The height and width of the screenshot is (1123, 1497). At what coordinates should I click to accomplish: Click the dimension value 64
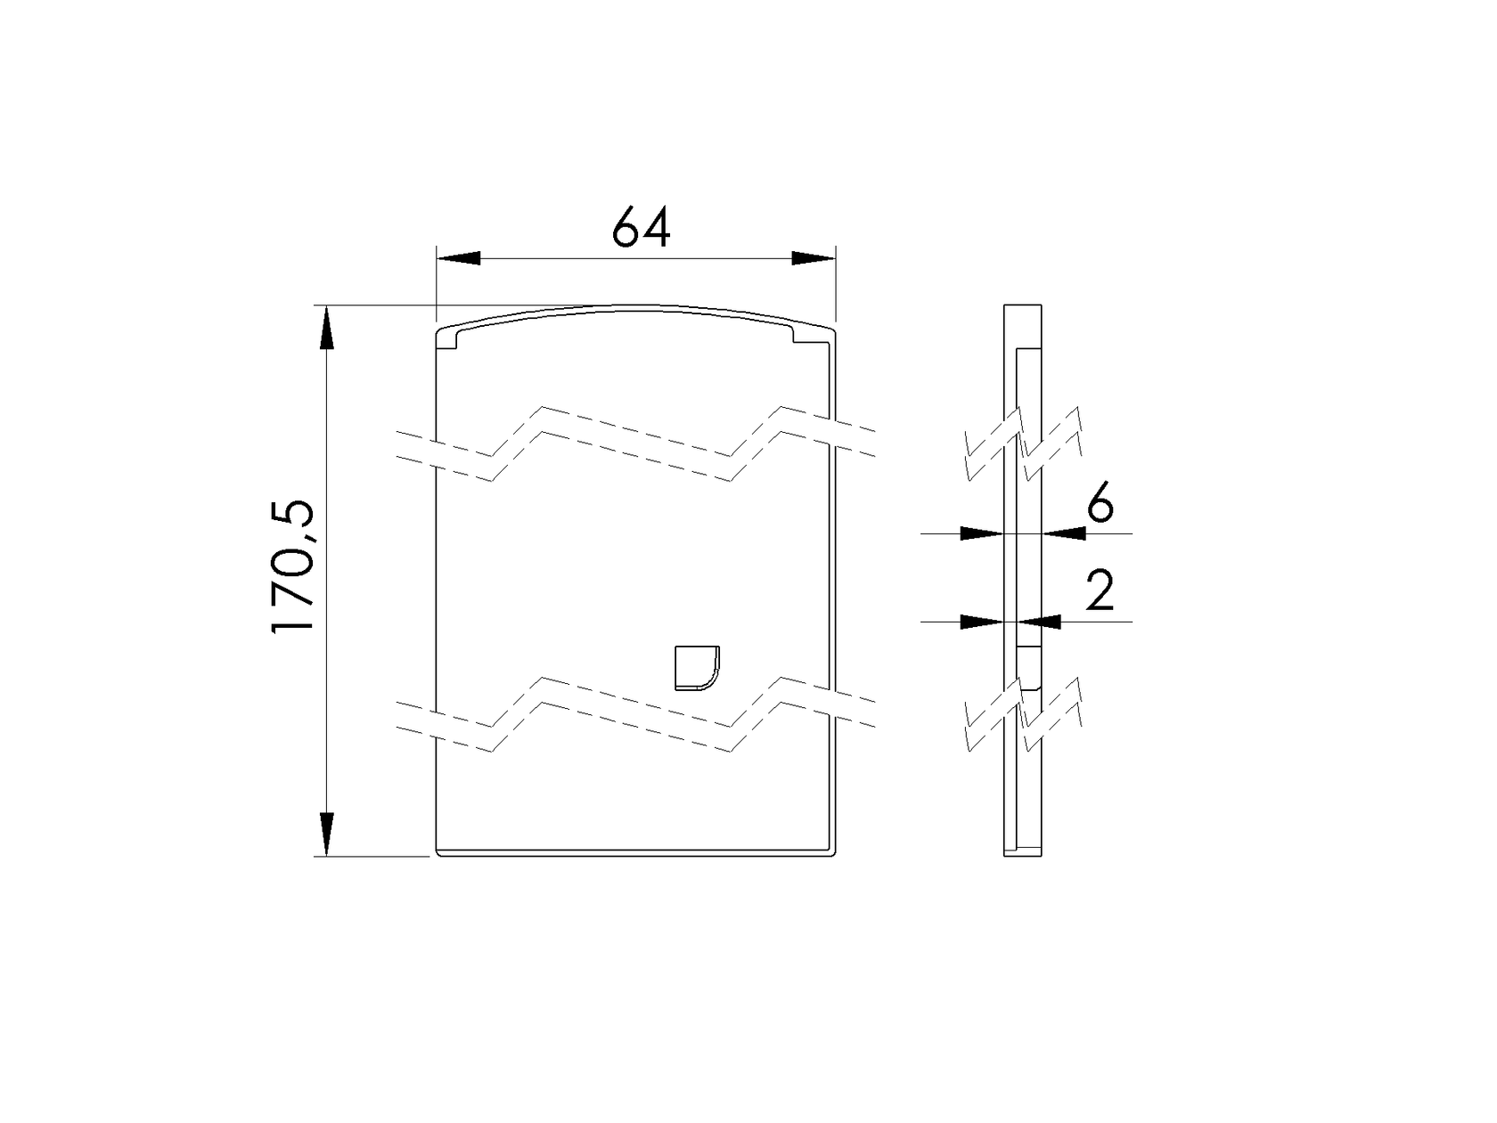[641, 228]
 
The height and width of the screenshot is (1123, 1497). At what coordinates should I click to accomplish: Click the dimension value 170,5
[293, 566]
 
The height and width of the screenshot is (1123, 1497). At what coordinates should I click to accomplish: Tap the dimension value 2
[1100, 591]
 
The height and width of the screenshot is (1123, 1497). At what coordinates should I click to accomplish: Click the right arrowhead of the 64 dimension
[814, 258]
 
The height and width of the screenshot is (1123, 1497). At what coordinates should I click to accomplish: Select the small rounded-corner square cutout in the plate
[696, 668]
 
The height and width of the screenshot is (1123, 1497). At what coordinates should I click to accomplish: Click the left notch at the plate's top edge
[449, 340]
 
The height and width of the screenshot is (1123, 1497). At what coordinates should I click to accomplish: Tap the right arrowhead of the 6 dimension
[1065, 533]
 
